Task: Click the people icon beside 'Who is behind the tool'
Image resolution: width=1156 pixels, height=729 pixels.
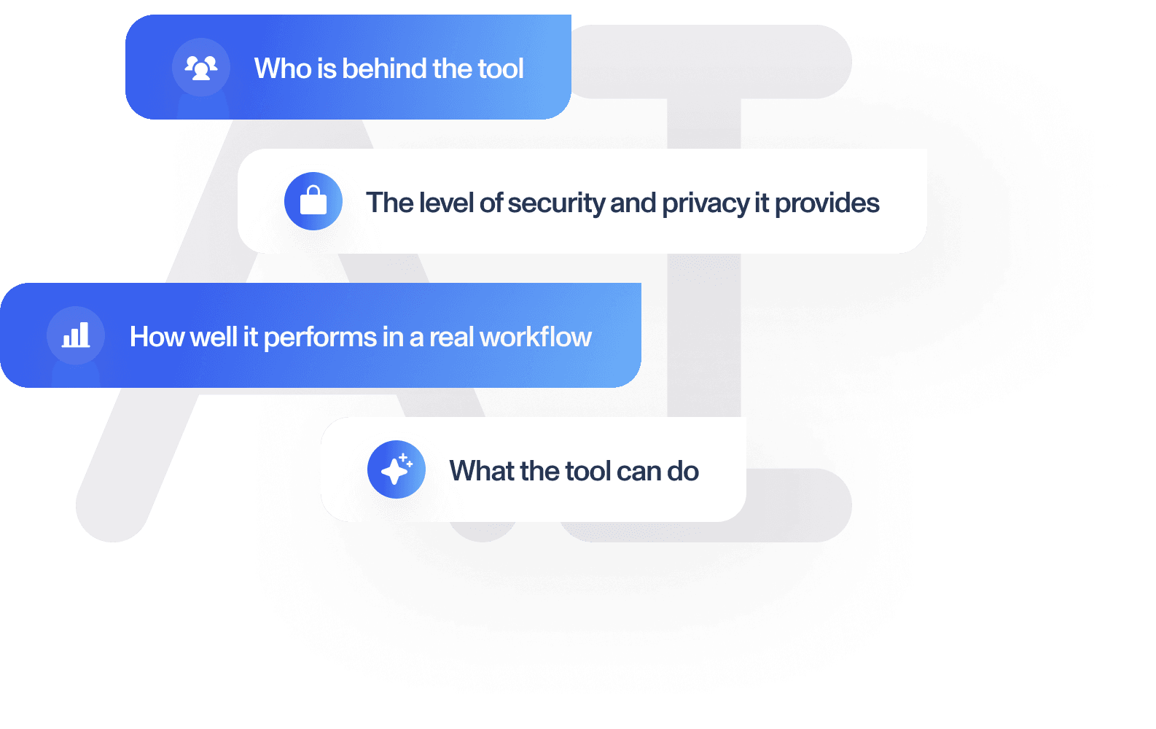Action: (x=201, y=68)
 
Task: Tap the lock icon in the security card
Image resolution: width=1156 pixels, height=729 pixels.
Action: (x=313, y=201)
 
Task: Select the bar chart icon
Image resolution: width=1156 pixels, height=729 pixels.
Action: (x=76, y=335)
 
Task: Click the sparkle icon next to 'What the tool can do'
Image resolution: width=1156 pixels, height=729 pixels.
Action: (x=396, y=469)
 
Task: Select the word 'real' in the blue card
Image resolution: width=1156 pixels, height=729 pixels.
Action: (x=452, y=338)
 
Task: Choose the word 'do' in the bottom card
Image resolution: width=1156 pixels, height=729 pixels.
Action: (x=683, y=471)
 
